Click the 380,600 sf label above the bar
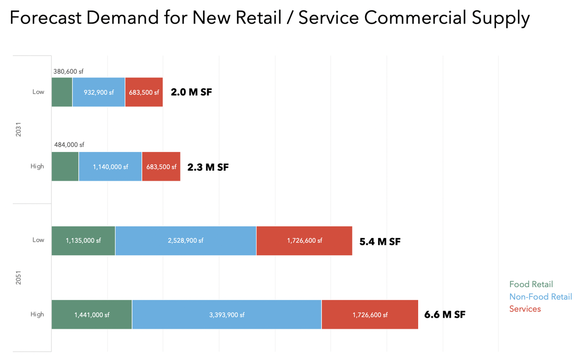68,71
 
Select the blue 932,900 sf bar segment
98,92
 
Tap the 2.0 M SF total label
191,92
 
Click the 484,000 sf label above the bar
69,145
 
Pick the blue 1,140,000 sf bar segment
110,167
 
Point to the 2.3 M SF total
208,167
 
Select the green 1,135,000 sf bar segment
83,240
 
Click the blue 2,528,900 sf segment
185,240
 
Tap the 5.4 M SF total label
380,241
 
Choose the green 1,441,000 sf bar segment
92,314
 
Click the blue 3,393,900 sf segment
226,314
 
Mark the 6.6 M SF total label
445,314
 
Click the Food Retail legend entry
531,284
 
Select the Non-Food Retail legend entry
540,297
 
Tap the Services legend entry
525,309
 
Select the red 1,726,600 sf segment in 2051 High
370,314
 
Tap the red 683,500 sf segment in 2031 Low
144,92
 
